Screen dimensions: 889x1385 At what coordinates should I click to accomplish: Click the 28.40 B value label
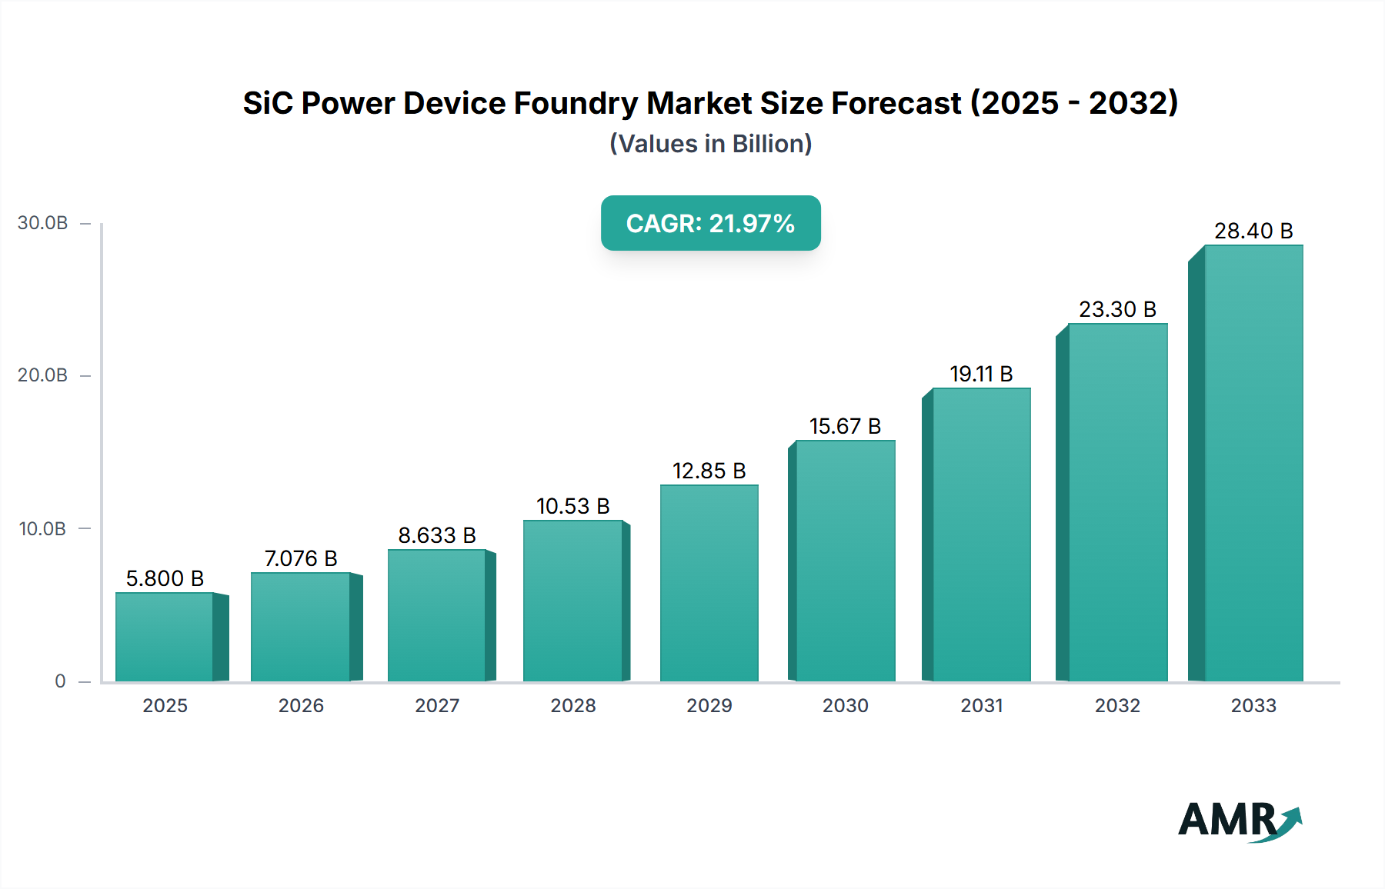(1253, 231)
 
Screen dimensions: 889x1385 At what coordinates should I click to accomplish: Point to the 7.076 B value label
(301, 558)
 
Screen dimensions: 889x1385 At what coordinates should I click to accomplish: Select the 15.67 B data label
(845, 426)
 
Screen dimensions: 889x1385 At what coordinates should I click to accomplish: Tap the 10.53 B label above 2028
(572, 506)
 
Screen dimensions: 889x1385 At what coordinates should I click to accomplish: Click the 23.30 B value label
(1117, 309)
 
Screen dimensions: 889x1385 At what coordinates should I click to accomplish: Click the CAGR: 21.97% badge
(710, 223)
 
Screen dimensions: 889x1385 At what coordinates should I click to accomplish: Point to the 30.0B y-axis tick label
(43, 223)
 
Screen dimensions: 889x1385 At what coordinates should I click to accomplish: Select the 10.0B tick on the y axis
(43, 528)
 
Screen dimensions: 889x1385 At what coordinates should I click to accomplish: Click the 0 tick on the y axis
(60, 681)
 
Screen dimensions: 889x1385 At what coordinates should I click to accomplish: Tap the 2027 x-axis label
(437, 705)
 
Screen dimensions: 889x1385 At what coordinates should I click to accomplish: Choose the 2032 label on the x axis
(1117, 705)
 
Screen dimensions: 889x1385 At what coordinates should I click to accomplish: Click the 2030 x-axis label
(845, 705)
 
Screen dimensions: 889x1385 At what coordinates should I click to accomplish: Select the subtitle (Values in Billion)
(710, 144)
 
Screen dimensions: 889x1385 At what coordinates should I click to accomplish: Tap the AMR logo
(1239, 821)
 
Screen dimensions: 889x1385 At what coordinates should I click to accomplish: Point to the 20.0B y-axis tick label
(43, 375)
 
